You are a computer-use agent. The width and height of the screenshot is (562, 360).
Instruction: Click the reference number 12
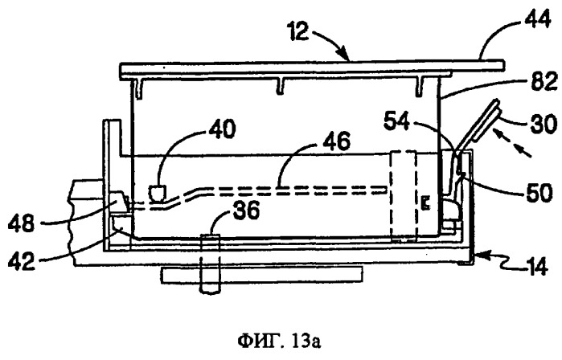tap(297, 31)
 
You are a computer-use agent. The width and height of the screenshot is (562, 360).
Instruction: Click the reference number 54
tap(396, 121)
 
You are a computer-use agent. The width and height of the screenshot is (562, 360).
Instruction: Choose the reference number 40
tap(223, 129)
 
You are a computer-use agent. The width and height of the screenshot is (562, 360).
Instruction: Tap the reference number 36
tap(246, 211)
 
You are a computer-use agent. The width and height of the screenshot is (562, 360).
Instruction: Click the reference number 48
tap(21, 224)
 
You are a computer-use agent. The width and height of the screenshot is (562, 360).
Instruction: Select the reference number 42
tap(21, 261)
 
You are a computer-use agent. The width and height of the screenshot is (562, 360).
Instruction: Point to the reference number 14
tap(535, 267)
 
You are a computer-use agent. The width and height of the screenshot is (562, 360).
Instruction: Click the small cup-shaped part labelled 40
tap(158, 193)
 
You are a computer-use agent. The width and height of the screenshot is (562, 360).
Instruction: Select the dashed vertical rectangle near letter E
tap(404, 198)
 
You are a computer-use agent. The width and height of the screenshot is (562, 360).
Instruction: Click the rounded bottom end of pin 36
tap(210, 291)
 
